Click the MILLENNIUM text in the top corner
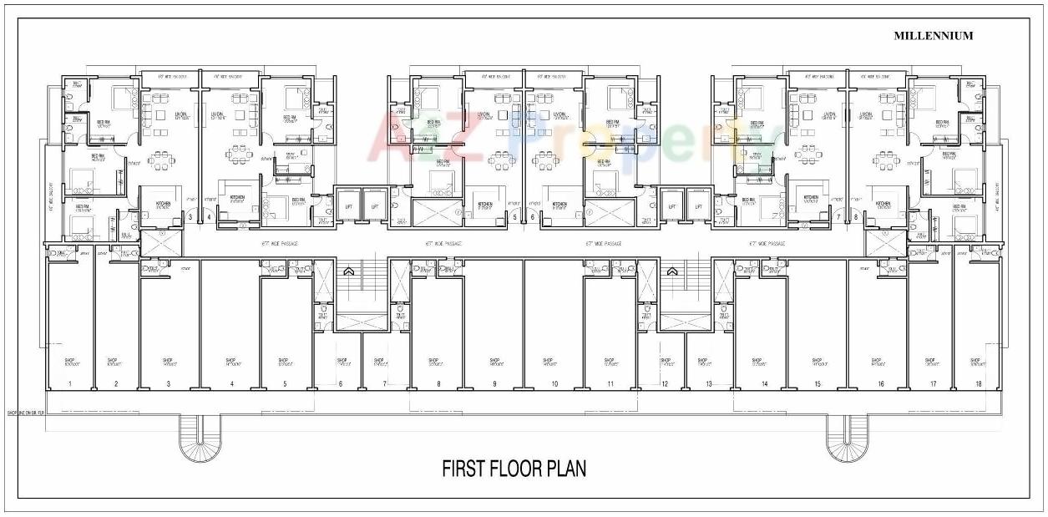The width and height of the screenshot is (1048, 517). click(x=933, y=36)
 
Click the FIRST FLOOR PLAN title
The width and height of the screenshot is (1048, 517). click(x=514, y=469)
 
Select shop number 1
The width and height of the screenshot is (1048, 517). click(x=69, y=383)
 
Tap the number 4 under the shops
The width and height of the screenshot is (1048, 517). click(x=231, y=383)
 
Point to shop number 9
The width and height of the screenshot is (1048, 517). click(x=494, y=383)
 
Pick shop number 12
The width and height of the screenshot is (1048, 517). click(x=665, y=383)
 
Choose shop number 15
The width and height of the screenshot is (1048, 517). click(x=818, y=383)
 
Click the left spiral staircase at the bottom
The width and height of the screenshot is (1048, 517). click(x=201, y=438)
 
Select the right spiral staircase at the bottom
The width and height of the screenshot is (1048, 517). click(x=848, y=438)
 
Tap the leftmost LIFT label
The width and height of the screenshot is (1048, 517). click(x=348, y=206)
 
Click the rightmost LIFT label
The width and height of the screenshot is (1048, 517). click(x=698, y=206)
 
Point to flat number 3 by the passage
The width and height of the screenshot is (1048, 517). click(x=190, y=217)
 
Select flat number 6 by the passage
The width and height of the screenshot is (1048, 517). click(x=532, y=217)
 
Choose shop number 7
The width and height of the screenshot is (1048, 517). click(x=385, y=383)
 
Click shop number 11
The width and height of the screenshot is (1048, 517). click(x=610, y=383)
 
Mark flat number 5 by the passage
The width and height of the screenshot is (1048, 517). click(x=515, y=217)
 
